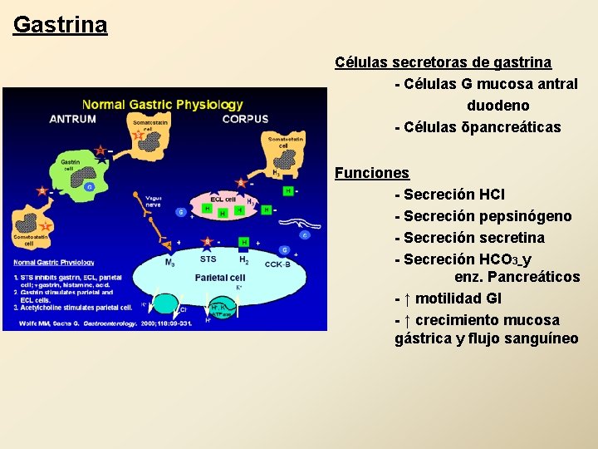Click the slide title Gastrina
60,24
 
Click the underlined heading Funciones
371,173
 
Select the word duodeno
498,106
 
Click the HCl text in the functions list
492,195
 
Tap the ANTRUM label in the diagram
73,119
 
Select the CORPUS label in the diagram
245,119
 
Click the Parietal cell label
219,277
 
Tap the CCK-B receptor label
277,264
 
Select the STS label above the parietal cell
208,259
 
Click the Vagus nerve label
153,201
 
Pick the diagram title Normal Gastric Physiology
163,105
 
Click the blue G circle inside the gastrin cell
88,187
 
